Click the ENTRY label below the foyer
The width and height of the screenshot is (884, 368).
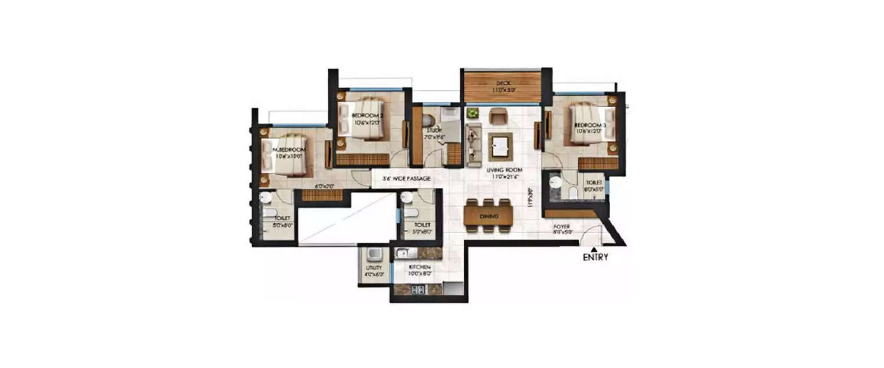point(595,257)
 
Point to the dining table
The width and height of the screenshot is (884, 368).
point(488,217)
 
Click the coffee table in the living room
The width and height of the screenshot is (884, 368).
point(500,147)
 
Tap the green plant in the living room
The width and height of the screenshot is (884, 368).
point(471,112)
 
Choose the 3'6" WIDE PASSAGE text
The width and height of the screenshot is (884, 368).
point(406,178)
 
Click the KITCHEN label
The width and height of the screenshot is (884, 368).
point(421,267)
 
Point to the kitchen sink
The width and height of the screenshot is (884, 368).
point(402,254)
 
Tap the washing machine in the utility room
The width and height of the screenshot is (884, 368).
point(374,254)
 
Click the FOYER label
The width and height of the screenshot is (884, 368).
point(562,226)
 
